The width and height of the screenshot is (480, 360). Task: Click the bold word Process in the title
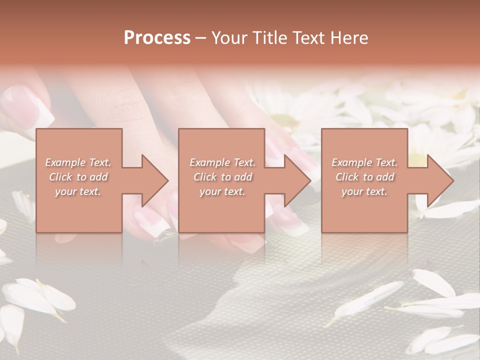pos(157,38)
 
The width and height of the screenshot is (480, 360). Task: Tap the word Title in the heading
pos(269,38)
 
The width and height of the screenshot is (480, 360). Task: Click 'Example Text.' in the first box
pos(78,162)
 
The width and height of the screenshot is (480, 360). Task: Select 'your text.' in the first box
pos(78,191)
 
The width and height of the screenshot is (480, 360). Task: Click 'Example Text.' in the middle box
pos(222,162)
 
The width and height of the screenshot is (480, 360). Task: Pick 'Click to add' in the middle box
pos(222,177)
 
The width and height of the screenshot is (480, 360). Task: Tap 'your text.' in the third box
pos(364,191)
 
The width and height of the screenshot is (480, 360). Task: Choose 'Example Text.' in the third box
pos(364,162)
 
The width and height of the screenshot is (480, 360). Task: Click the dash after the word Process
pos(200,38)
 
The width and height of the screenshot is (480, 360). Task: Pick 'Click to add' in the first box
pos(78,177)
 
